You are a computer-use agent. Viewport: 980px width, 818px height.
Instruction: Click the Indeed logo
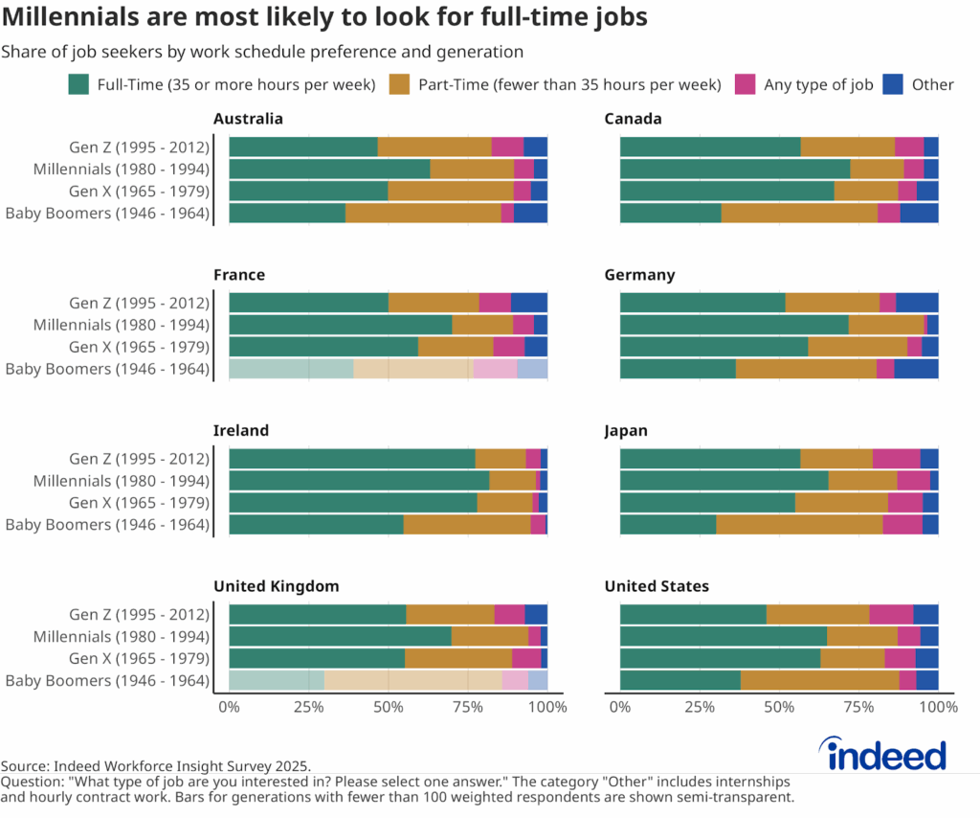click(886, 755)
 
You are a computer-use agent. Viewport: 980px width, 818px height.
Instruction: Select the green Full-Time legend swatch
click(78, 84)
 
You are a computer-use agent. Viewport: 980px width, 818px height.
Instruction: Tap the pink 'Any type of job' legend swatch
click(746, 84)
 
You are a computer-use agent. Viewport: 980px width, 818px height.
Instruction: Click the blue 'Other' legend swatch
click(893, 84)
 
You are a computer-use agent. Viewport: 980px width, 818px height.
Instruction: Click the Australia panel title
click(248, 119)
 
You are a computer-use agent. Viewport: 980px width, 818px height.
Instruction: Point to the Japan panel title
click(626, 430)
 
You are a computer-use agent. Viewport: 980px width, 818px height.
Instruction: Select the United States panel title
click(657, 585)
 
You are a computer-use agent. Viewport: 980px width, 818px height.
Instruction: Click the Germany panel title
click(639, 275)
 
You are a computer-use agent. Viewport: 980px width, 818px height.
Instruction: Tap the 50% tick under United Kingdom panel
click(388, 707)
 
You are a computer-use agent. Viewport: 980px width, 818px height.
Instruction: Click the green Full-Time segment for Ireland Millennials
click(359, 481)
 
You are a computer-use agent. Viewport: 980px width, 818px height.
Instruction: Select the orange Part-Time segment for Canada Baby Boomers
click(799, 213)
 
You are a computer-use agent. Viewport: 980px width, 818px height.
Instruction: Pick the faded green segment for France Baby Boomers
click(291, 369)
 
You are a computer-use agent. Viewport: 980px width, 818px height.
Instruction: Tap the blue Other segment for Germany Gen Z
click(917, 302)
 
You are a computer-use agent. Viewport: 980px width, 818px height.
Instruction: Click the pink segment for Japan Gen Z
click(896, 458)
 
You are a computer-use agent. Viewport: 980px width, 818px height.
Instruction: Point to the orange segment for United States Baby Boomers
click(819, 680)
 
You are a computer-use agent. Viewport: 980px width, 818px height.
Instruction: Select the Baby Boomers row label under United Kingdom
click(107, 680)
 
